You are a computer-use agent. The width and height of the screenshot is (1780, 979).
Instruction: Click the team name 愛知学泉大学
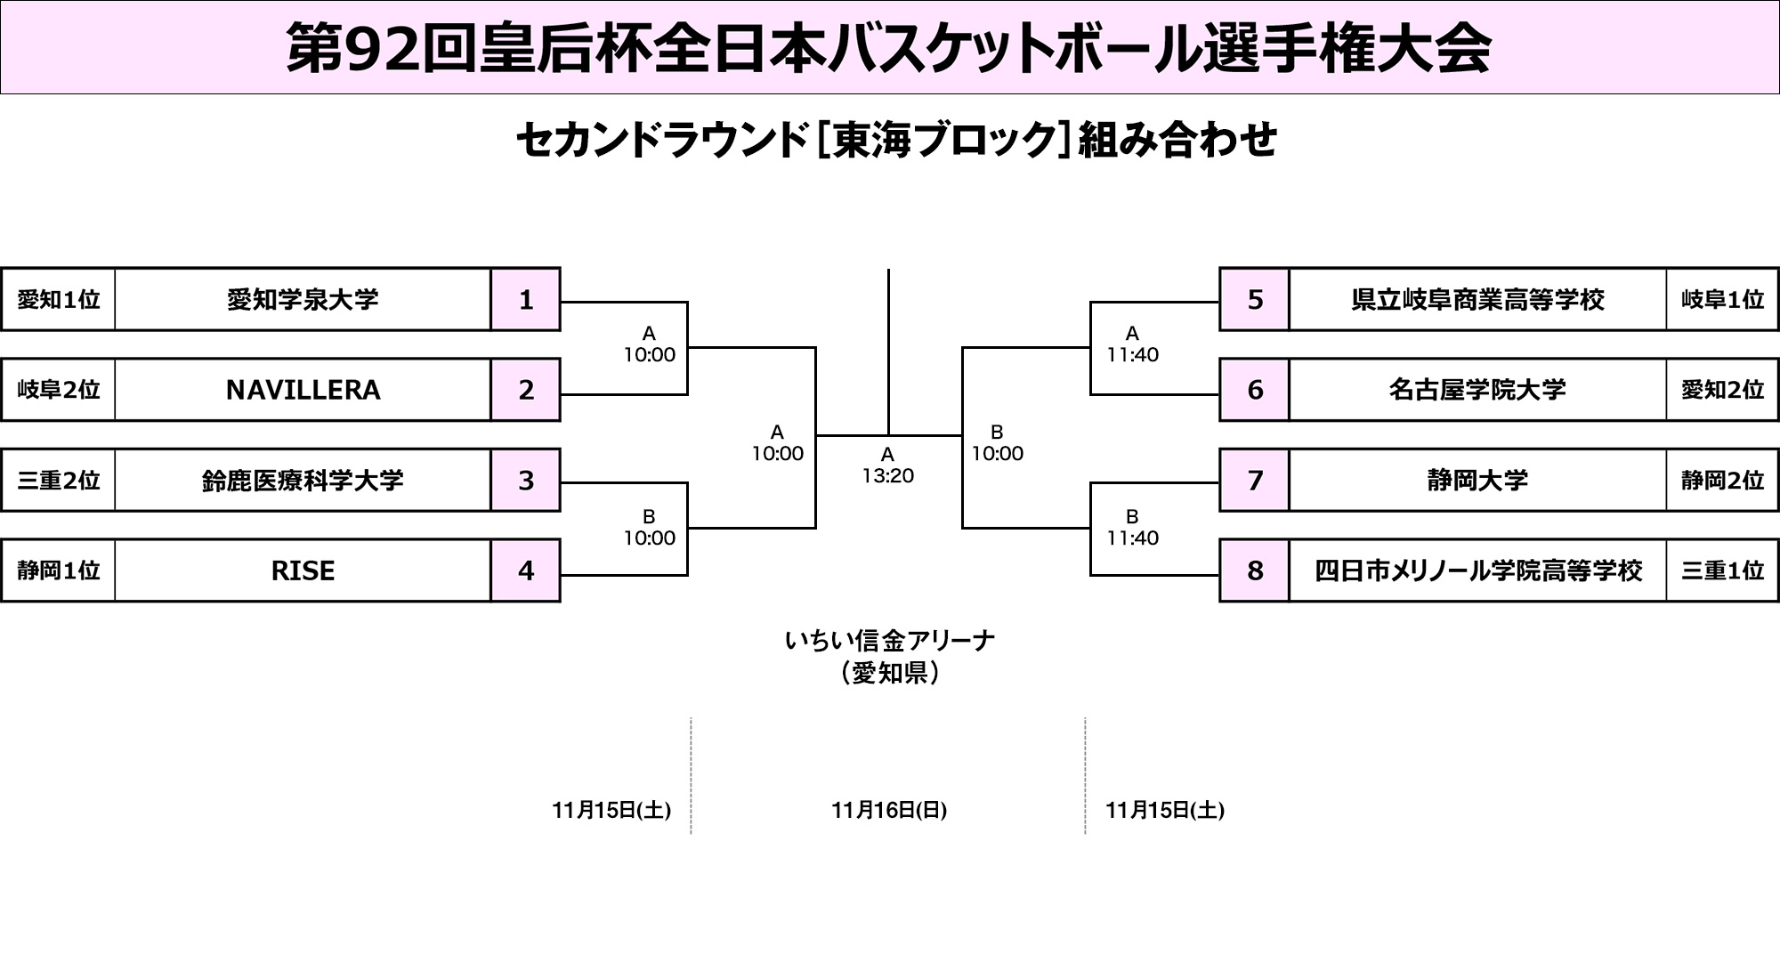(303, 300)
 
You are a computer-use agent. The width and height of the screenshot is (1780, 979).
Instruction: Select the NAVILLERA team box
(303, 390)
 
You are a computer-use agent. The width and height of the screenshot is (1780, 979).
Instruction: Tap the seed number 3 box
(526, 481)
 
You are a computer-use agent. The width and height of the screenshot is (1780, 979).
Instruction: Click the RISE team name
(303, 570)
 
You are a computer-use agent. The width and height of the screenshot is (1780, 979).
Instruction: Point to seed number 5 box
(1255, 300)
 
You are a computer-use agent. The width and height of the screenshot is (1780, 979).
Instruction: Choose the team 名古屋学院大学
(1477, 390)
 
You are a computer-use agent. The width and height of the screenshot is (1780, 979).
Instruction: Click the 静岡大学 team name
(1477, 481)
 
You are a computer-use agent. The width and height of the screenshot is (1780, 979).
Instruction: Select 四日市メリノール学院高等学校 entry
(1477, 570)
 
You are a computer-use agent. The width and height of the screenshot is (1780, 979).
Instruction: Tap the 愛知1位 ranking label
(59, 300)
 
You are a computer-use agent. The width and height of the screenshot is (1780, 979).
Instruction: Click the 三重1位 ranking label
(1722, 570)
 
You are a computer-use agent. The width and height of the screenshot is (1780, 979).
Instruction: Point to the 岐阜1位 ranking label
(1722, 300)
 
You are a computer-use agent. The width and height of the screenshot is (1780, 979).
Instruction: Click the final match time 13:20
(887, 475)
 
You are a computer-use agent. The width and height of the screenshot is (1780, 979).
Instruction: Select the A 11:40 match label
(1132, 344)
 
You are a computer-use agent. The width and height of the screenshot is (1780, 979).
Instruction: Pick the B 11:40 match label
(1132, 528)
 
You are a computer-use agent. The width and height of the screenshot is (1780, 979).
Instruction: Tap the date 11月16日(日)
(889, 810)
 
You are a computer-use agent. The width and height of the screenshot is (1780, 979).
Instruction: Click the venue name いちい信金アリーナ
(889, 640)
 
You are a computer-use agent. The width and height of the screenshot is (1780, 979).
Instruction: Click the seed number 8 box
(1255, 570)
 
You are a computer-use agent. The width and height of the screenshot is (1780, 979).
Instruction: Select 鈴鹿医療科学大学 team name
(303, 481)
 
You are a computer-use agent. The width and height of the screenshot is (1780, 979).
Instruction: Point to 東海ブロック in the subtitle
(943, 141)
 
